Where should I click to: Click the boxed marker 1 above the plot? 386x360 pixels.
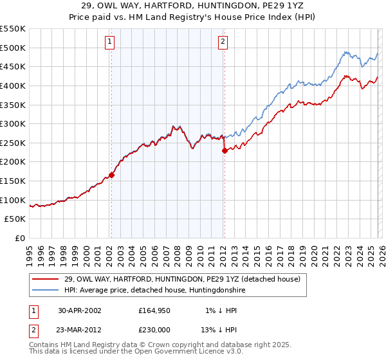109,42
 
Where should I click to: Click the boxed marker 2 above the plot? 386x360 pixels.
223,42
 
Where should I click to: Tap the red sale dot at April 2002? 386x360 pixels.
111,174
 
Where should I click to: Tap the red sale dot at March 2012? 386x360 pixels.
225,150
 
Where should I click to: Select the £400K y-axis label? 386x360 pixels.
13,85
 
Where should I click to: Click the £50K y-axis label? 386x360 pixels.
15,219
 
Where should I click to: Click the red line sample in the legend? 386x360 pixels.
45,280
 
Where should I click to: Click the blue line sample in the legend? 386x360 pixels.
45,291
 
